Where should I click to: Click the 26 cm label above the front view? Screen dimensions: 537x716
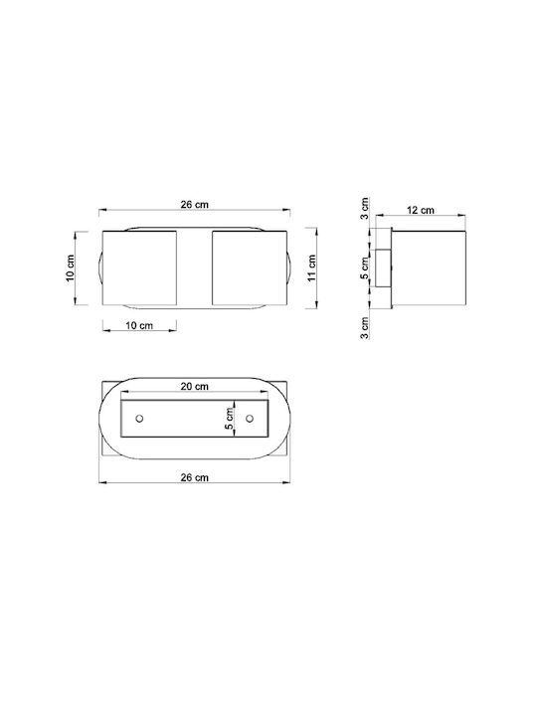195,204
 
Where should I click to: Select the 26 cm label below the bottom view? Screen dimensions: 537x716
195,477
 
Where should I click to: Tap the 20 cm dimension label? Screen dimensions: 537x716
195,386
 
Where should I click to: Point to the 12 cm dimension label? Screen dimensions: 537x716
420,210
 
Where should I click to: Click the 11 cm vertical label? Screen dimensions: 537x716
312,268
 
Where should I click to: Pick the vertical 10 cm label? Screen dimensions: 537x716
70,268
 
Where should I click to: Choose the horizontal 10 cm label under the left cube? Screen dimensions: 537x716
139,325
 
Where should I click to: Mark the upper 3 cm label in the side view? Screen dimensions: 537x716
364,208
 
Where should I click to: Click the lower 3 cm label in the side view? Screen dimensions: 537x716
364,328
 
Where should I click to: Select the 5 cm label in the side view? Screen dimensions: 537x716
364,268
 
